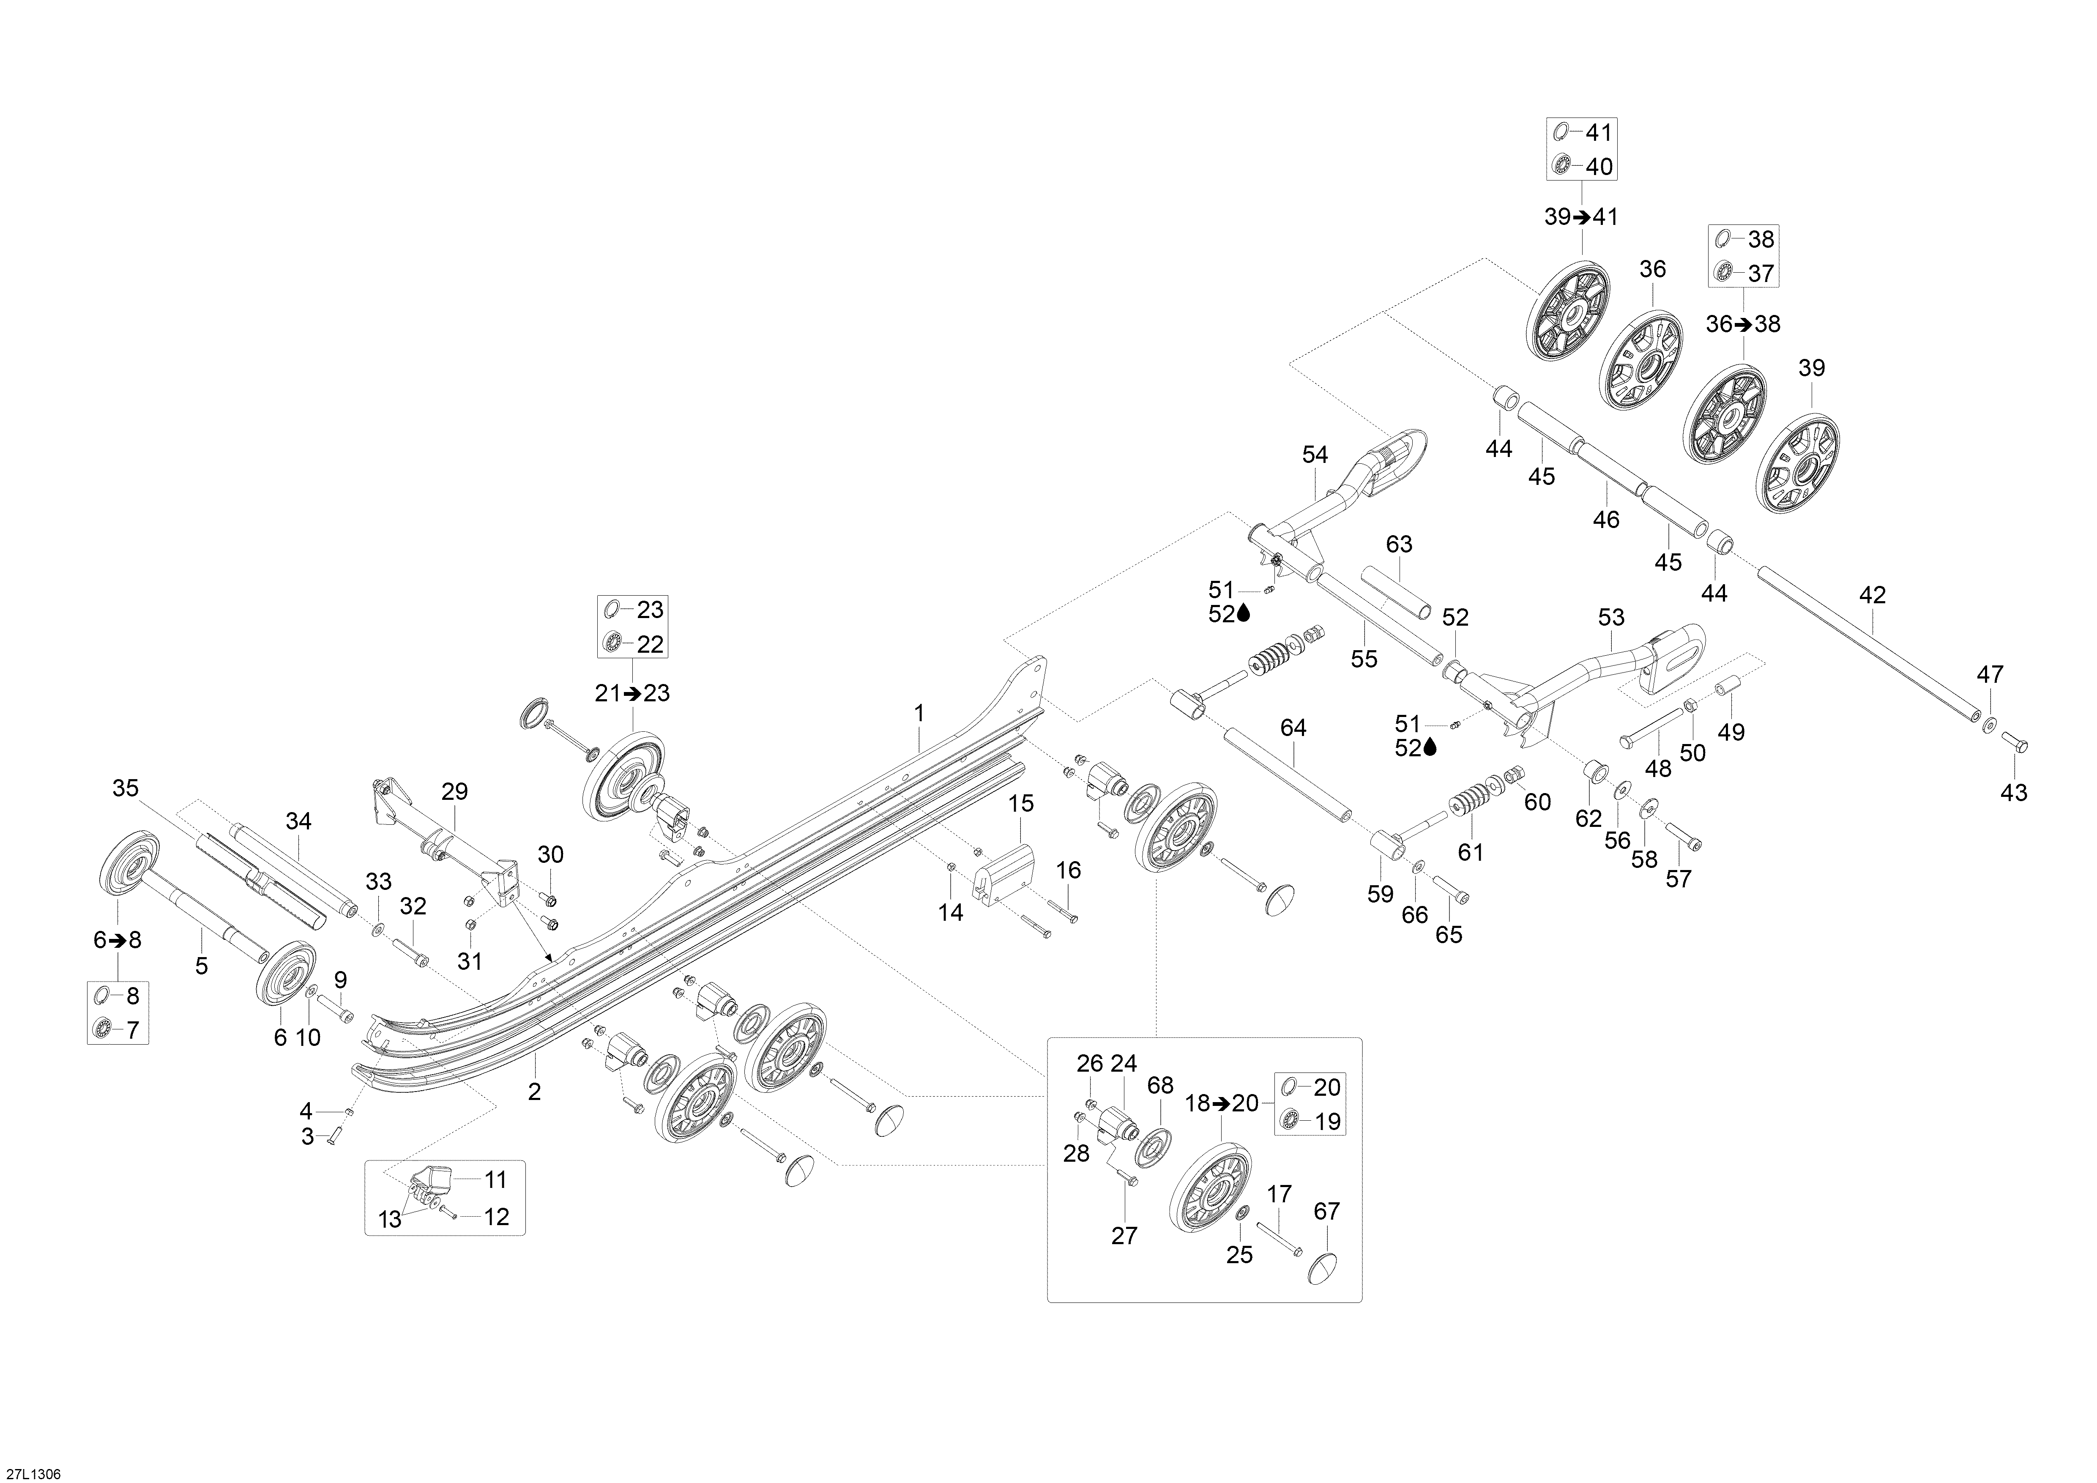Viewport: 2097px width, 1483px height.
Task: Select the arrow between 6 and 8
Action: tap(118, 940)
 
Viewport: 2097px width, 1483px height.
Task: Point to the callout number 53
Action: tap(1611, 618)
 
